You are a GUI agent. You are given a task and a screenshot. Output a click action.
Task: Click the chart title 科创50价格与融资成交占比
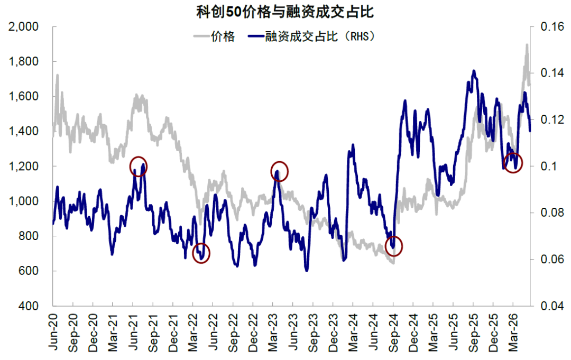(285, 12)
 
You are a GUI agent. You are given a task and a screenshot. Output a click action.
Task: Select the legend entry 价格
(223, 36)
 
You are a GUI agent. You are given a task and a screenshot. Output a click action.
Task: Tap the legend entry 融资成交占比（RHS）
(320, 36)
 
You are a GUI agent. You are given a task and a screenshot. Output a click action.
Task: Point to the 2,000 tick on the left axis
(23, 26)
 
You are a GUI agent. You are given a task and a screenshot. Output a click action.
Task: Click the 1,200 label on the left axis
(23, 166)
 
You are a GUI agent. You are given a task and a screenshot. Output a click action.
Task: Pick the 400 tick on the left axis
(29, 306)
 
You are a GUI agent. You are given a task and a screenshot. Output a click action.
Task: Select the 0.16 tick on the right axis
(552, 26)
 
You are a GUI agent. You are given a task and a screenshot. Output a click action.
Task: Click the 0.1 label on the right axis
(549, 166)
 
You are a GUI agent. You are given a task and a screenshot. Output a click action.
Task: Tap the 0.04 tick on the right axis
(552, 306)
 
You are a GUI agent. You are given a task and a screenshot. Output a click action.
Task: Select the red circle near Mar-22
(192, 253)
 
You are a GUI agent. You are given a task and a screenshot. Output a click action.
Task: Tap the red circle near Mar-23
(271, 171)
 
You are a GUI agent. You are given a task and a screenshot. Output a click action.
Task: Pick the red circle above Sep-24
(385, 246)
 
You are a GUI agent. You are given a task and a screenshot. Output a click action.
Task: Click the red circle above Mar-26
(504, 162)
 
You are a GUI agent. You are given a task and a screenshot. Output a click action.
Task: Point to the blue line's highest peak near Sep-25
(474, 71)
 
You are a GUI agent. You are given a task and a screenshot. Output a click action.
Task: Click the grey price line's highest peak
(527, 45)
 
